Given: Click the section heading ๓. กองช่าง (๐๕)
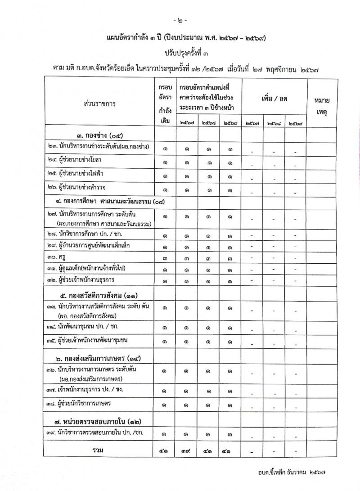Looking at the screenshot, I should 99,135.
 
